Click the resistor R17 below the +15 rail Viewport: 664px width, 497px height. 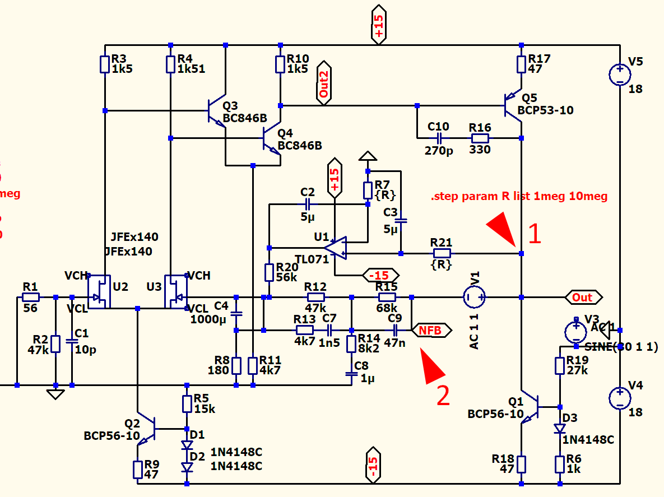tap(521, 64)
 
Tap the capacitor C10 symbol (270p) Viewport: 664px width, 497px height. tap(439, 138)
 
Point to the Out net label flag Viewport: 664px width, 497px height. tap(583, 297)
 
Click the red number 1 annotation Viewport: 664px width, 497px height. tap(535, 234)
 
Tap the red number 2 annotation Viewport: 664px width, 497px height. tap(443, 396)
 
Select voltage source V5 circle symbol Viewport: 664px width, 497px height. tap(620, 75)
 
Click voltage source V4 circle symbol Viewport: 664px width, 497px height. tap(620, 398)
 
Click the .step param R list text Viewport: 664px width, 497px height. tap(519, 197)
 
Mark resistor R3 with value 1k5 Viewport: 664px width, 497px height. tap(105, 64)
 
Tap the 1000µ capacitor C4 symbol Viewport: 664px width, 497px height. tap(236, 313)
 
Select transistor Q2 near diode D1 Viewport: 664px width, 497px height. tap(147, 428)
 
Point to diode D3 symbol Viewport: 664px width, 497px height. tap(559, 429)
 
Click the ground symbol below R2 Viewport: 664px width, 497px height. tap(55, 394)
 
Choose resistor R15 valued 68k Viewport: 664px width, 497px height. tap(387, 297)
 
